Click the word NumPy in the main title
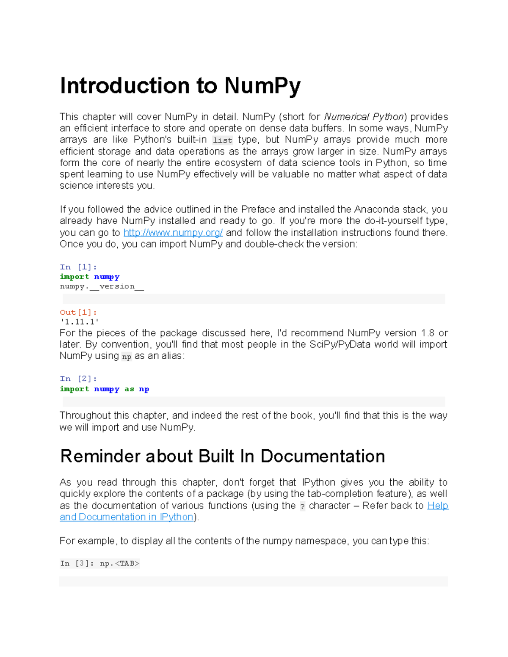pos(262,86)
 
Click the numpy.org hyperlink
pos(173,233)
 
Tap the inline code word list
pos(222,140)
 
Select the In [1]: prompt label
pos(78,267)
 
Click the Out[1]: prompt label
pos(78,312)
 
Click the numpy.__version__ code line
pos(102,286)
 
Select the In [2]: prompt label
pos(78,379)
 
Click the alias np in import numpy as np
pos(144,389)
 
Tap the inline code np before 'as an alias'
pos(126,357)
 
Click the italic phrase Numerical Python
pos(364,117)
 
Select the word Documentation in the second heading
pos(323,456)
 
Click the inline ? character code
pos(302,506)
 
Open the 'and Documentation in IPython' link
pos(126,517)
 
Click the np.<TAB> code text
pos(119,564)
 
